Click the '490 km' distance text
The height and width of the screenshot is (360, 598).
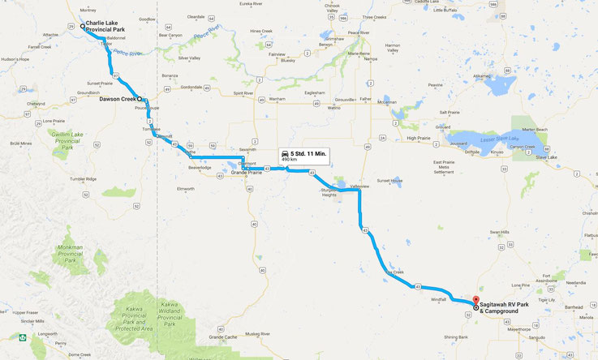coord(290,160)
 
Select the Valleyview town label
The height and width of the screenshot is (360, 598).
coord(359,186)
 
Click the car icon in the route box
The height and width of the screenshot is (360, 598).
coord(283,153)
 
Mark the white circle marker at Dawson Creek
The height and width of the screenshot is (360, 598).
coord(140,98)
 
